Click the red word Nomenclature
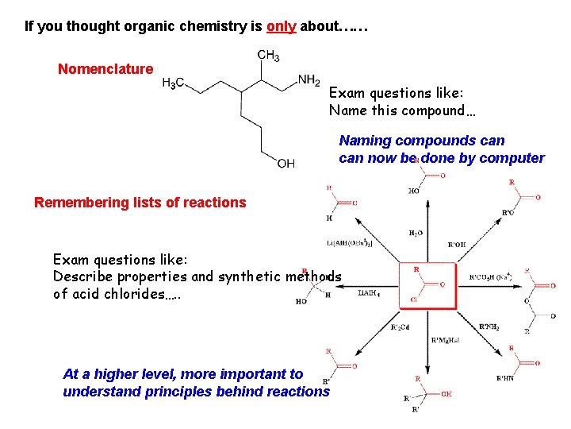(x=105, y=69)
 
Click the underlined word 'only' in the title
(x=282, y=26)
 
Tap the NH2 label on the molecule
(x=309, y=79)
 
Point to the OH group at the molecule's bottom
(x=286, y=164)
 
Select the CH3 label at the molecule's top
(x=268, y=56)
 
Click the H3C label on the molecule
(x=174, y=83)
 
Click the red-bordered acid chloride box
(x=427, y=285)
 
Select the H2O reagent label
(x=416, y=233)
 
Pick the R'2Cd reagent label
(x=400, y=327)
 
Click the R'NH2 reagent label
(x=489, y=327)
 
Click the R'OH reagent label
(x=457, y=245)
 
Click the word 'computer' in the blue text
(x=514, y=158)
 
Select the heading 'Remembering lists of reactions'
(x=140, y=203)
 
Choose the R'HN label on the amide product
(x=504, y=379)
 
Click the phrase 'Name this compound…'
(x=402, y=110)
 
